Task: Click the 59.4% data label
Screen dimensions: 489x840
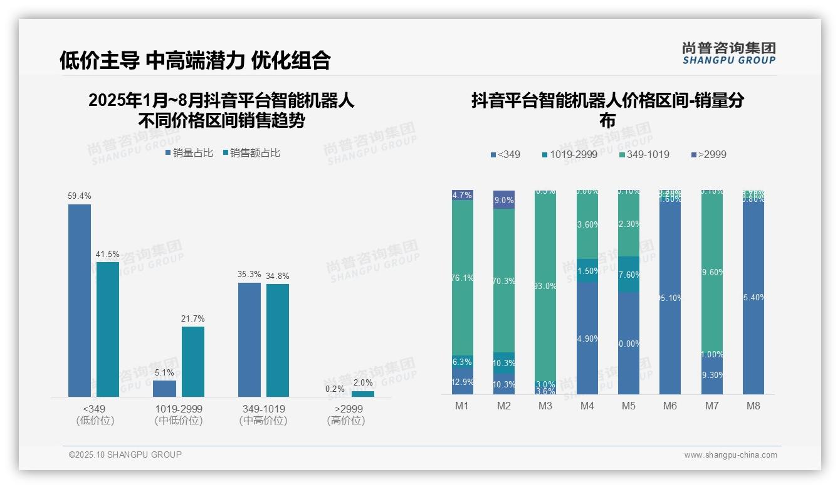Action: (x=80, y=196)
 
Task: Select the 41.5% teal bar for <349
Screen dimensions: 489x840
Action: (x=108, y=329)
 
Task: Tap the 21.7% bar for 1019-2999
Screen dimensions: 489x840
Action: (x=193, y=362)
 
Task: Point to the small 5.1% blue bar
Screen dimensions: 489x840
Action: (x=164, y=389)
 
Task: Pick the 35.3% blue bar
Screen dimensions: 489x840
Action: (x=249, y=339)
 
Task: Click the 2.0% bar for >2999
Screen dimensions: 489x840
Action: (x=363, y=394)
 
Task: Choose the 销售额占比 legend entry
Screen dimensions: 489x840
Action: (x=251, y=153)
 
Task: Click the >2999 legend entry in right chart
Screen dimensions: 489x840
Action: (x=708, y=154)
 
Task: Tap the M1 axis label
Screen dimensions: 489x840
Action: (x=462, y=406)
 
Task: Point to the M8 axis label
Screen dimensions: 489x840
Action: (x=753, y=406)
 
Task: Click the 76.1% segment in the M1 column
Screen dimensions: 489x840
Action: (x=463, y=278)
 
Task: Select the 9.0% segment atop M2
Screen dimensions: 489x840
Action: (x=504, y=200)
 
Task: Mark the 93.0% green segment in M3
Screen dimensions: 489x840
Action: (x=545, y=285)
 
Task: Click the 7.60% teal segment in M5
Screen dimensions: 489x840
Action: (x=629, y=274)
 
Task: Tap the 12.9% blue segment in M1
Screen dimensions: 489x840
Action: (x=463, y=382)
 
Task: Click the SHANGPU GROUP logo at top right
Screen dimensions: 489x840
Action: (x=729, y=53)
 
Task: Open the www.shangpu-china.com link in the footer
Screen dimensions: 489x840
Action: (x=730, y=455)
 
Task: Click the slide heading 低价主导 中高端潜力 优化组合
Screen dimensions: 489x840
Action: (x=194, y=60)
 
